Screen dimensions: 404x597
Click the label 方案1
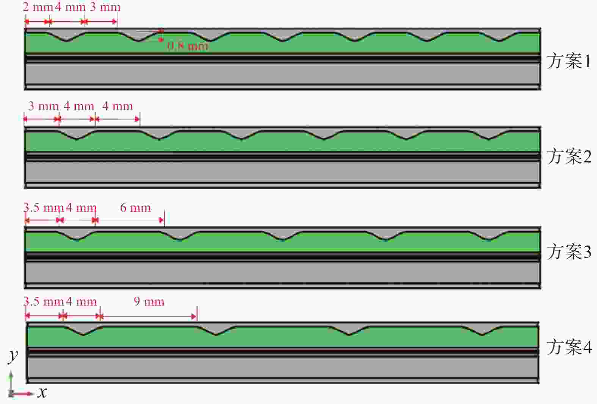[569, 61]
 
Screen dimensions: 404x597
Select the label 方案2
[569, 156]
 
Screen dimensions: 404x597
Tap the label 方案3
[569, 251]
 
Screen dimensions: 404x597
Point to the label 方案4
[569, 347]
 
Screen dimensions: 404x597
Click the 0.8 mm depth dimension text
[188, 46]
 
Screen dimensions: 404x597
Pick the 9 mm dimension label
[149, 302]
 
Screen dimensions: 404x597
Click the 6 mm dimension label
[135, 207]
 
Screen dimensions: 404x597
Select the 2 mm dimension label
[37, 7]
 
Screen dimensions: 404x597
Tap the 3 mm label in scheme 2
[43, 106]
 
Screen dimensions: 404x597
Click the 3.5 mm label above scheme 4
[43, 302]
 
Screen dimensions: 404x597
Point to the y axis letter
[13, 355]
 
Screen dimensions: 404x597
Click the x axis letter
[42, 392]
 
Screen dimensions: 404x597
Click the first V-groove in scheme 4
[83, 330]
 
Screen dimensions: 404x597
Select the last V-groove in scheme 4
[482, 330]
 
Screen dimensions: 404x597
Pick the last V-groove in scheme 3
[489, 235]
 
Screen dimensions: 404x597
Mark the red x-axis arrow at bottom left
[23, 394]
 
